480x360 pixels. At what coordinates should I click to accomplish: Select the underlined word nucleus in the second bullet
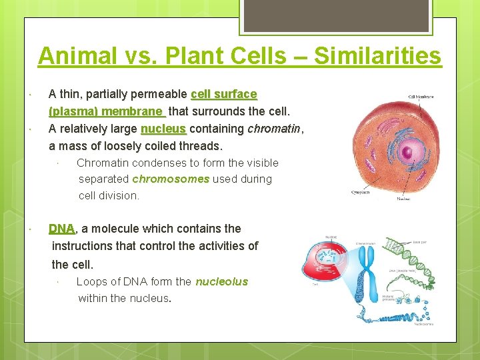tap(163, 129)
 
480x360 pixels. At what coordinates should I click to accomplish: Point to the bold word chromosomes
tap(171, 179)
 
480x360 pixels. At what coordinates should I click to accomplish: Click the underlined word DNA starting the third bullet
tap(62, 228)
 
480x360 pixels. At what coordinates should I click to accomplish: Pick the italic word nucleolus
tap(221, 281)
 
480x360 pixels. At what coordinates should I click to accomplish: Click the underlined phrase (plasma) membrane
tap(106, 111)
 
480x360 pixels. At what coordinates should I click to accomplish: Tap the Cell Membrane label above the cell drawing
tap(421, 97)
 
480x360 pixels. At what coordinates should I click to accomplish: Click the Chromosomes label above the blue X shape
tap(369, 243)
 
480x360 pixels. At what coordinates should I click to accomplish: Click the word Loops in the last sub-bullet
tap(91, 281)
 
